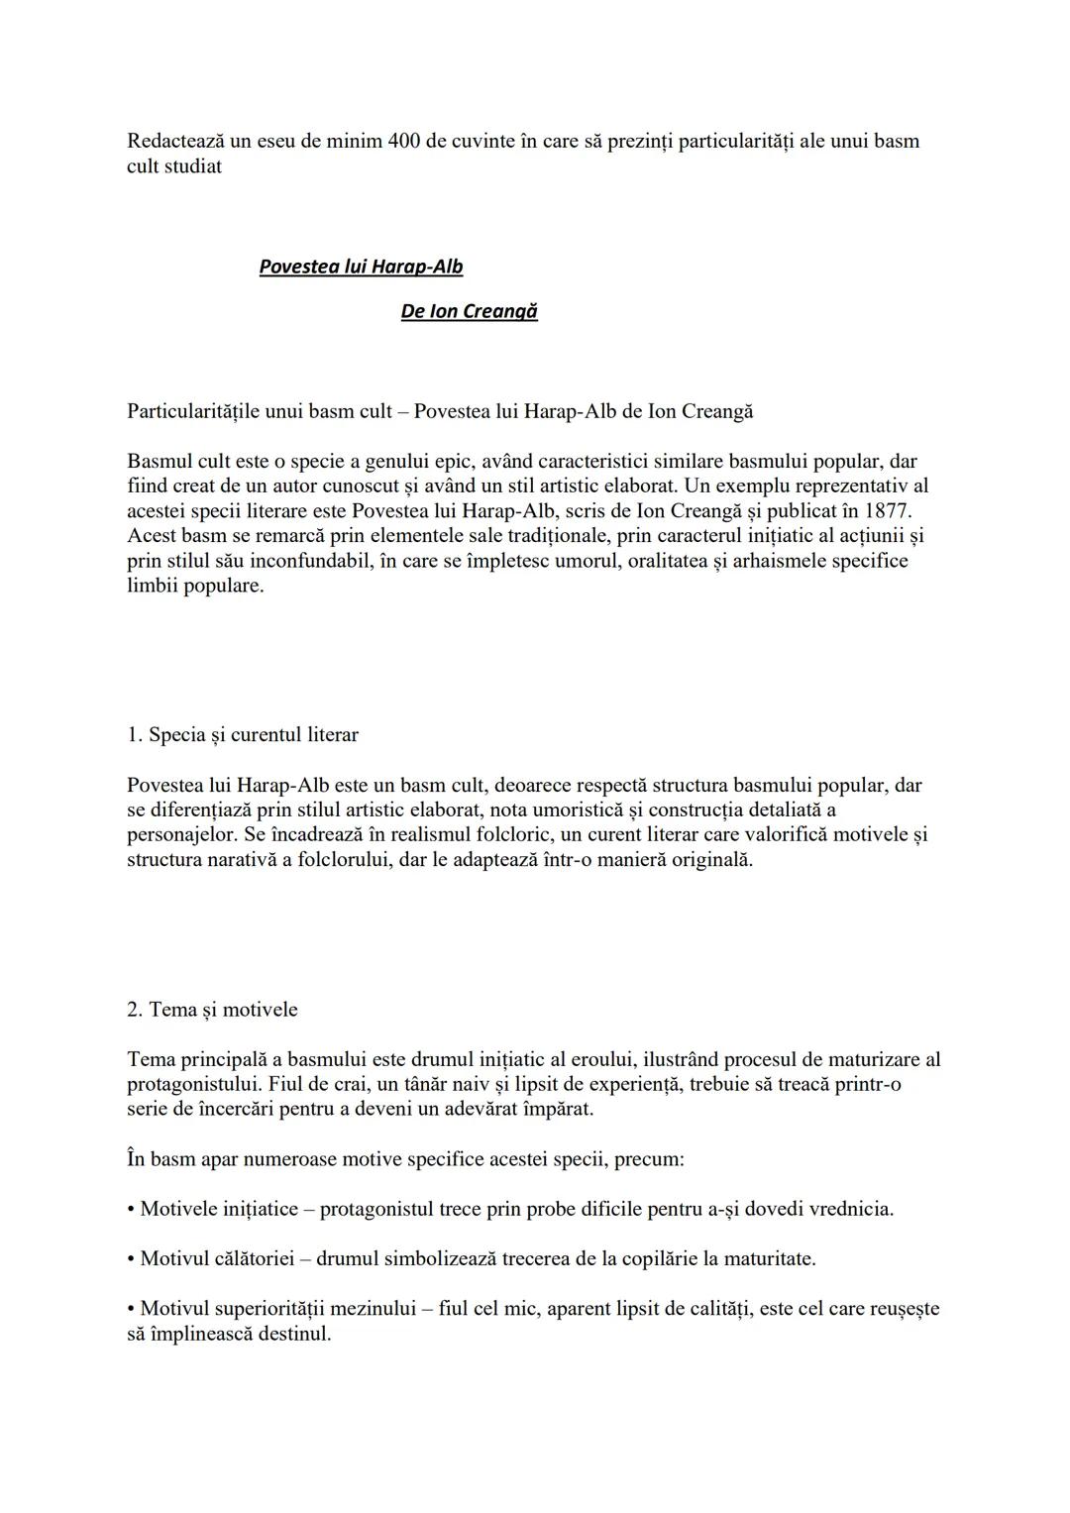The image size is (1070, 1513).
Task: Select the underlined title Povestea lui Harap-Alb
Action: pyautogui.click(x=361, y=267)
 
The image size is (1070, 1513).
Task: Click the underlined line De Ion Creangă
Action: pyautogui.click(x=469, y=311)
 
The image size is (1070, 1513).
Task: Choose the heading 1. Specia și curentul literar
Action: pyautogui.click(x=243, y=735)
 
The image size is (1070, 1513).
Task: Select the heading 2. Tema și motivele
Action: pyautogui.click(x=212, y=1010)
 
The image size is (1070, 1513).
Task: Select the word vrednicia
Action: pyautogui.click(x=851, y=1209)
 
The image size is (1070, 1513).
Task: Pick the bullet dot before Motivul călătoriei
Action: pyautogui.click(x=131, y=1259)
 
